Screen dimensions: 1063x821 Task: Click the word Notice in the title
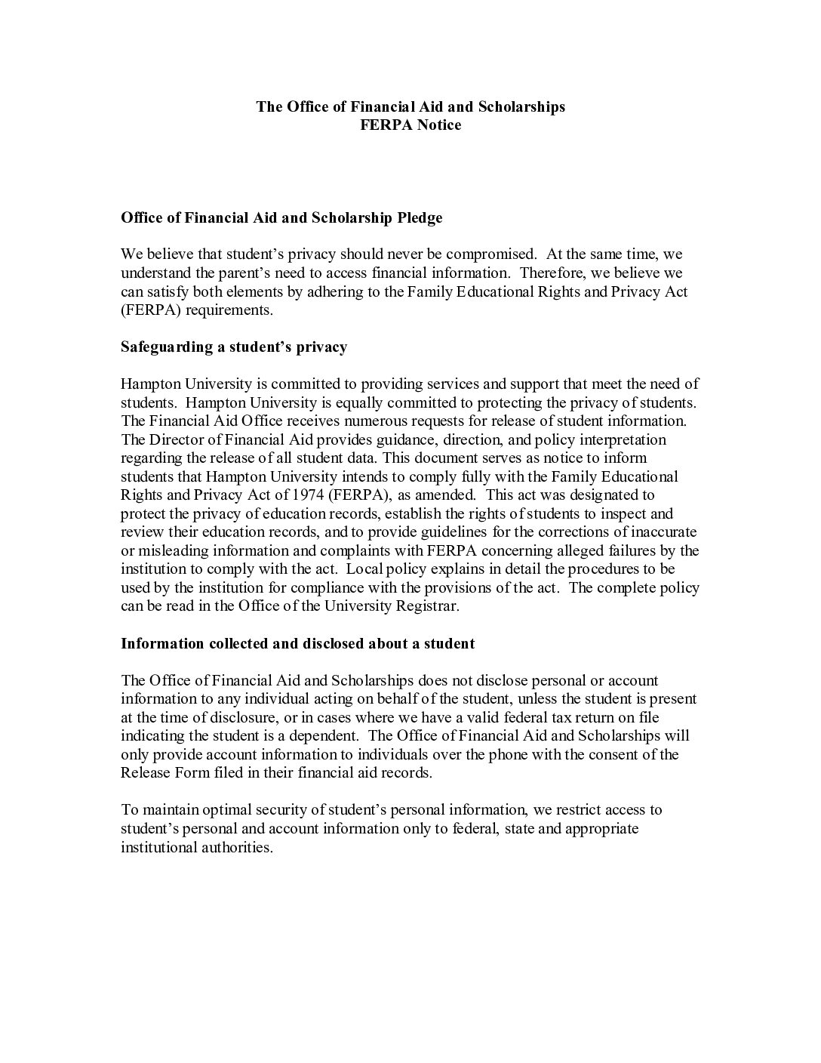[439, 125]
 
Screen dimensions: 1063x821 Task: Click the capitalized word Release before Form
[145, 773]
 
